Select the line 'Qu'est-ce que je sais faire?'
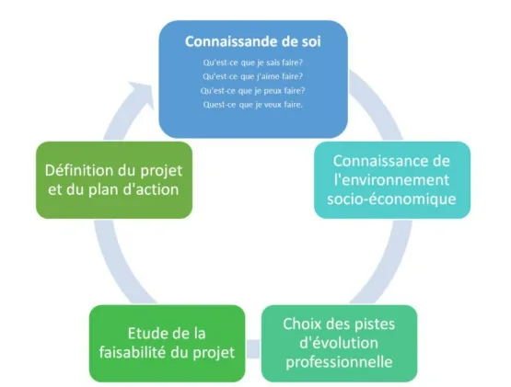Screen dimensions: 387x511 pyautogui.click(x=252, y=63)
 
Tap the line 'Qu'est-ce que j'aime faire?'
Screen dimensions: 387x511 pyautogui.click(x=252, y=76)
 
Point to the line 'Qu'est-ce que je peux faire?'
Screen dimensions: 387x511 pyautogui.click(x=252, y=90)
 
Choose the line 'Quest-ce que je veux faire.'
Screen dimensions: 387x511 pyautogui.click(x=252, y=104)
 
